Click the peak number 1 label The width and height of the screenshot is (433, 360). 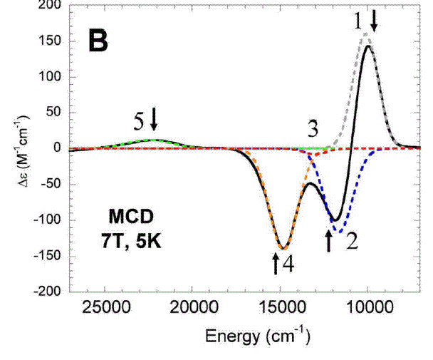click(358, 21)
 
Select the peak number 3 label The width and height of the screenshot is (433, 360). click(312, 129)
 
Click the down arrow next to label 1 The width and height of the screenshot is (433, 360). click(374, 24)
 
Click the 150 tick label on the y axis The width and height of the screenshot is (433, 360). click(51, 41)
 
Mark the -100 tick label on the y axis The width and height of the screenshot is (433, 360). click(48, 220)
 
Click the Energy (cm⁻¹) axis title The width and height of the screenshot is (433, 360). click(258, 335)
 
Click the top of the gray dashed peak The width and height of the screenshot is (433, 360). click(366, 34)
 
